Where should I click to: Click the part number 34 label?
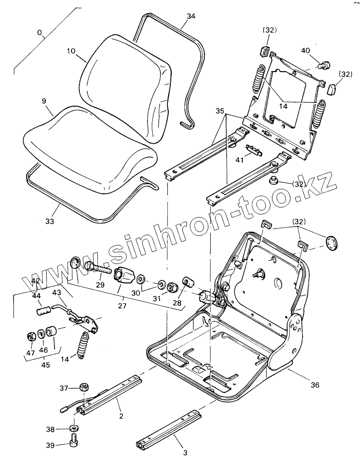coord(191,16)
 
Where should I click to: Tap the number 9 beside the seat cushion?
coord(44,102)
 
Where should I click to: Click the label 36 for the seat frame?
coord(315,385)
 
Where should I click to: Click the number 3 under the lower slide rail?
coord(185,452)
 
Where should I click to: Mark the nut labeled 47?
coord(30,337)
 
